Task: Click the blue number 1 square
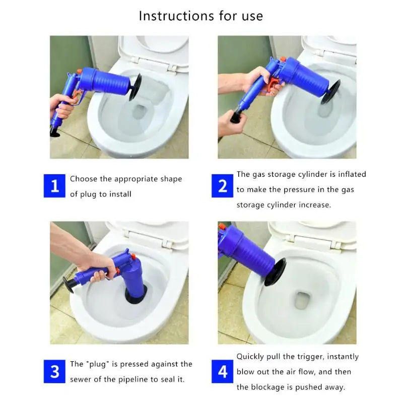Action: coord(54,186)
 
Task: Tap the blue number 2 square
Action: coord(222,186)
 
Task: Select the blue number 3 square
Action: coord(54,371)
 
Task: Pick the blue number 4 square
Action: coord(222,371)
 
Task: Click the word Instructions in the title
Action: coord(176,16)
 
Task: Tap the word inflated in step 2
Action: coord(352,174)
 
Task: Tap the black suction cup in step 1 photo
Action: coord(136,87)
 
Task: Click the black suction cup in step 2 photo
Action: coord(330,92)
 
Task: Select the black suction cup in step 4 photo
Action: coord(275,273)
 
